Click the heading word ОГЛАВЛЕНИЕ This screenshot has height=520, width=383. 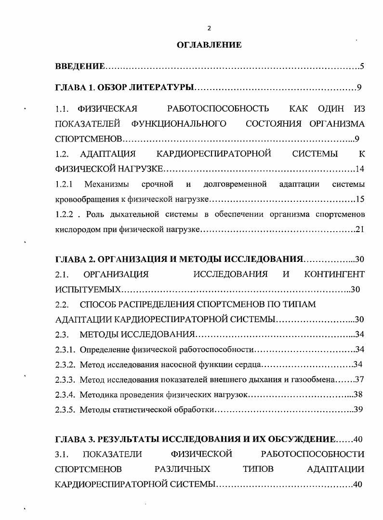[209, 45]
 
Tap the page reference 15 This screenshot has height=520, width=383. [359, 199]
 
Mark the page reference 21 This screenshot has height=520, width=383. [359, 229]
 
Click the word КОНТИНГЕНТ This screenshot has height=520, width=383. [334, 274]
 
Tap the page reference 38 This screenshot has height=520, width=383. [357, 395]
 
